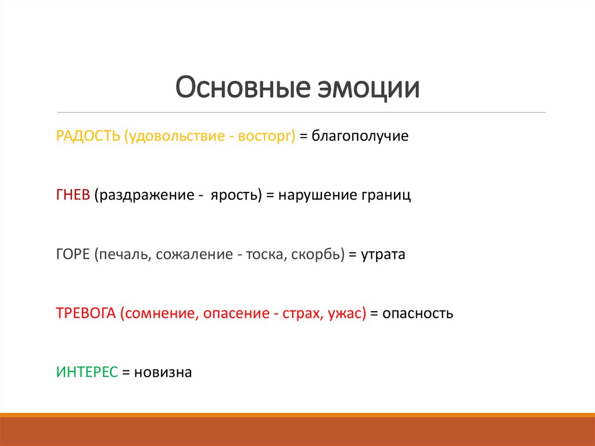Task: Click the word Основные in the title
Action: tap(243, 87)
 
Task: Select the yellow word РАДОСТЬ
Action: tap(88, 136)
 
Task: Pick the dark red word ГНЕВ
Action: tap(73, 195)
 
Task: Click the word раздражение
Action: tap(142, 195)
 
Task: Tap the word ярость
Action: tap(234, 195)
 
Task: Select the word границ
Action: tap(386, 195)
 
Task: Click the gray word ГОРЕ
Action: tap(73, 254)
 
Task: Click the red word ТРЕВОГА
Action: tap(86, 313)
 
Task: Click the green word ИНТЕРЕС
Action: tap(87, 372)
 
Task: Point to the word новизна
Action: tap(163, 372)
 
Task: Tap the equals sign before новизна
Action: tap(126, 373)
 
